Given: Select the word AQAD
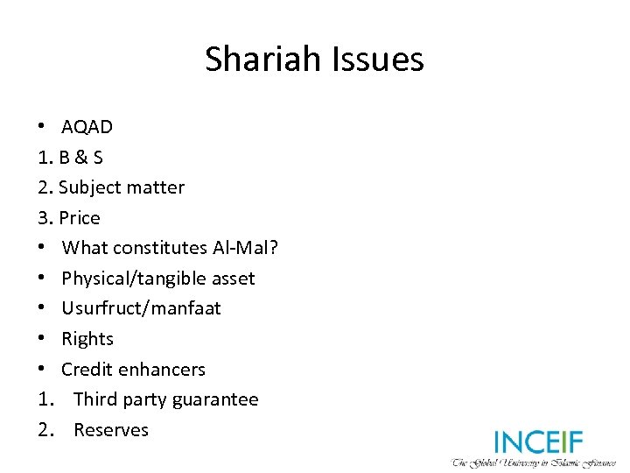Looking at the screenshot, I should click(x=87, y=127).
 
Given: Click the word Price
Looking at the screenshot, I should click(x=80, y=218).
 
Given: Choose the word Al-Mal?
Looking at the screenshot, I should click(x=245, y=248).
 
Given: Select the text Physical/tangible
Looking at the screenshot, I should click(x=131, y=279).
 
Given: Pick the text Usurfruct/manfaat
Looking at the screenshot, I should click(x=141, y=308).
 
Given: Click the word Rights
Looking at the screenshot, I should click(x=87, y=339).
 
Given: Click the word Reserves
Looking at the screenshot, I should click(x=111, y=430).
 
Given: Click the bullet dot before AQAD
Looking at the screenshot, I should click(x=42, y=127).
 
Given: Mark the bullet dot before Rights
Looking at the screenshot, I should click(x=42, y=339).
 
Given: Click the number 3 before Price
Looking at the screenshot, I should click(x=43, y=218).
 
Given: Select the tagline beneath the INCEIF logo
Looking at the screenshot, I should click(x=534, y=462).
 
